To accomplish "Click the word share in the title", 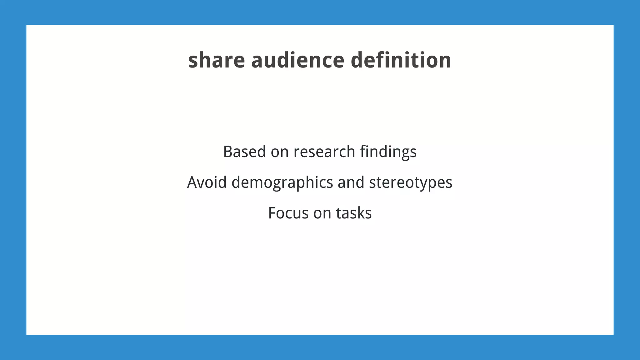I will tap(216, 60).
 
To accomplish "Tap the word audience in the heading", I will tap(297, 60).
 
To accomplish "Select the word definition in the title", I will tap(401, 60).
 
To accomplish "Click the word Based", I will tap(244, 152).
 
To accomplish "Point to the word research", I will tap(324, 152).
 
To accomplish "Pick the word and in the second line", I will tap(351, 182).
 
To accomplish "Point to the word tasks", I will tap(354, 213).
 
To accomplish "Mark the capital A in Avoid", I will tap(192, 182).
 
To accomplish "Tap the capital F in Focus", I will tap(272, 213).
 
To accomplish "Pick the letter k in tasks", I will tap(359, 213).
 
